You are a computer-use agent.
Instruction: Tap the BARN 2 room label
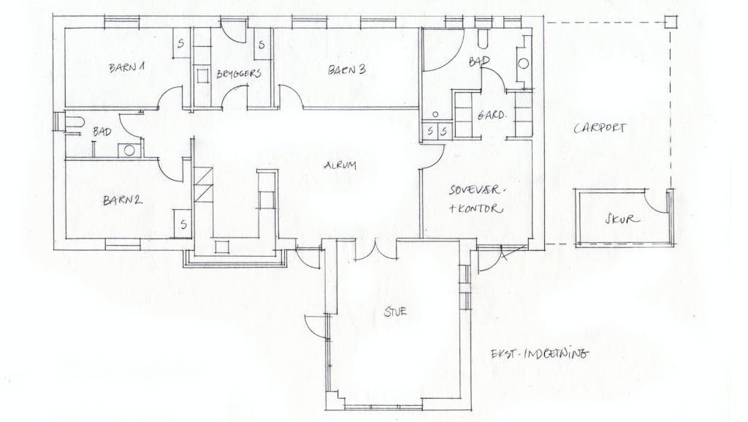tap(123, 200)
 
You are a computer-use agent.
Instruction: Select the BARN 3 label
tap(347, 69)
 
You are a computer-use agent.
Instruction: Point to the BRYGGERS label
tap(239, 74)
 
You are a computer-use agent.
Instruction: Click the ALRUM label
tap(340, 165)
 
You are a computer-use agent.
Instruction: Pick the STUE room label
tap(395, 312)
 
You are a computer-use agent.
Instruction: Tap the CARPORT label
tap(600, 128)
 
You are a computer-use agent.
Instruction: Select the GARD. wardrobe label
tap(491, 115)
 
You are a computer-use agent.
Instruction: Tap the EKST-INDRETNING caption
tap(540, 354)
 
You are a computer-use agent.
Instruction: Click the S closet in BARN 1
tap(181, 43)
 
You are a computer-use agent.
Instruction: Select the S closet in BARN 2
tap(183, 224)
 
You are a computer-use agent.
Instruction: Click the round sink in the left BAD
tap(129, 151)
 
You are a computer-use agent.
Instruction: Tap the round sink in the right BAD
tap(524, 63)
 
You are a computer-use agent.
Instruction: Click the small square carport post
tap(671, 23)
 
